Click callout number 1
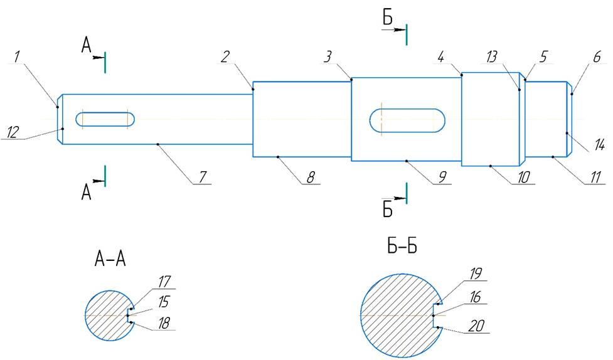tap(18, 56)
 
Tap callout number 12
tap(13, 132)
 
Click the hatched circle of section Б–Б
tap(399, 314)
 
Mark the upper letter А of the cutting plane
tap(87, 45)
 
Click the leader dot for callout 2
tap(253, 89)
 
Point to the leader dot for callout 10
tap(490, 166)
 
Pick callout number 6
tap(597, 57)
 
